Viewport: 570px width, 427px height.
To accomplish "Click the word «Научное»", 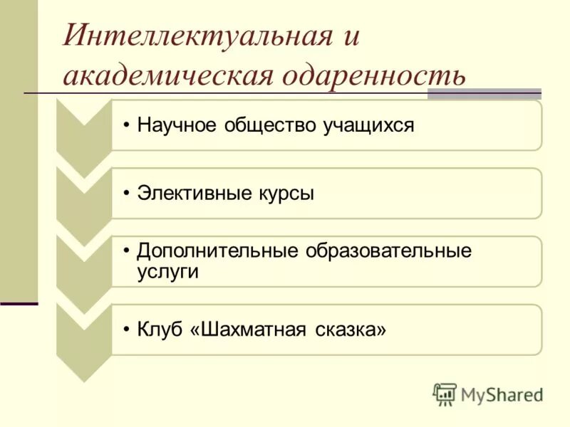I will point(177,126).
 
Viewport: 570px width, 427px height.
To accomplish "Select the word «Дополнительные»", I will point(218,252).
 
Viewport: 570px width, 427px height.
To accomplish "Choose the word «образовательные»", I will point(389,252).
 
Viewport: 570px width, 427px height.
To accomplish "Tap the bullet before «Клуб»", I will point(126,330).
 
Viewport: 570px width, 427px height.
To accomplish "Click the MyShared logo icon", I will point(445,394).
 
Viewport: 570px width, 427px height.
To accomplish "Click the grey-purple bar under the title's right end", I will point(484,93).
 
